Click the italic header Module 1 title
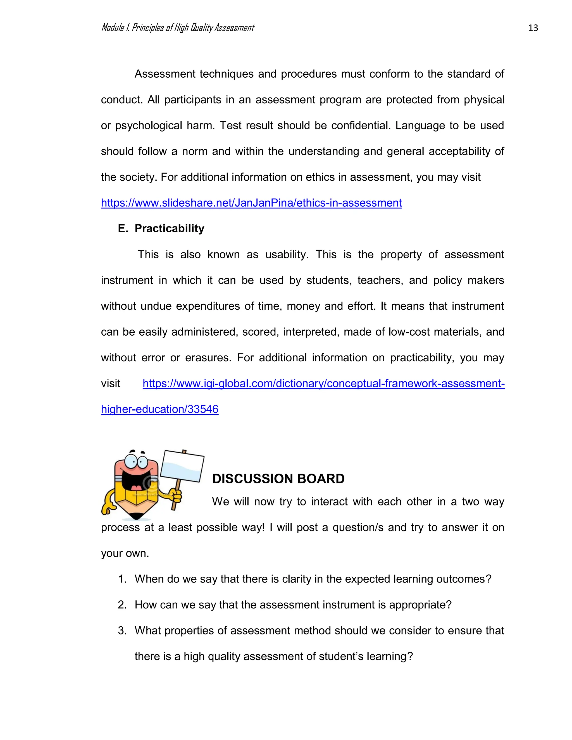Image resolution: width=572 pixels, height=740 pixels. click(x=178, y=28)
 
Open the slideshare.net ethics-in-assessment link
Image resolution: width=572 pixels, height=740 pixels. click(x=251, y=203)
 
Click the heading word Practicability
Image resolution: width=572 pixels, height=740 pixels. click(x=170, y=228)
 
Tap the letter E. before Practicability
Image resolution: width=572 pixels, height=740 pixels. click(x=123, y=228)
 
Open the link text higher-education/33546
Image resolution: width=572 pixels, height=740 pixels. click(x=159, y=409)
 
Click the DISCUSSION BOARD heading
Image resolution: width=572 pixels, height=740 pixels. click(x=278, y=478)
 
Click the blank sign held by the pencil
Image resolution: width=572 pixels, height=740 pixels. click(x=182, y=466)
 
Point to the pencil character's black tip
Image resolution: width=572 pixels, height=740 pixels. click(x=136, y=516)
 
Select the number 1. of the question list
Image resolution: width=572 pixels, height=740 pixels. click(x=122, y=579)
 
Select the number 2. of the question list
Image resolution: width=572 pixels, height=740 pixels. click(x=122, y=605)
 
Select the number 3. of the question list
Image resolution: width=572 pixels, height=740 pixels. click(x=122, y=631)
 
